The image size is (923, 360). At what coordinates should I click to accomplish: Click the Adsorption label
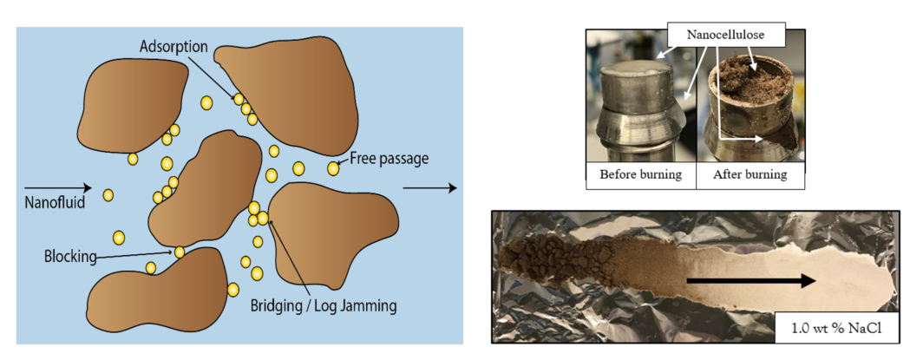point(171,46)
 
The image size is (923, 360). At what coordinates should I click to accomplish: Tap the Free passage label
point(389,159)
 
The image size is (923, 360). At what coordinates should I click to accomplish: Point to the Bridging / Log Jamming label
point(323,305)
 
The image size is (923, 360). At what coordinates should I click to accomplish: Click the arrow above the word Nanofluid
point(56,187)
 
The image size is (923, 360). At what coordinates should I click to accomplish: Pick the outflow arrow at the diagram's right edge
point(430,187)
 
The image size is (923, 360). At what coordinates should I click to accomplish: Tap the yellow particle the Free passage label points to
point(334,167)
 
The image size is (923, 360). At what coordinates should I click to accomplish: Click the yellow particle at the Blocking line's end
point(180,252)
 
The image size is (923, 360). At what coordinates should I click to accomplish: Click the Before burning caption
point(640,174)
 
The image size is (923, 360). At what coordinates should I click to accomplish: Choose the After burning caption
point(750,174)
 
